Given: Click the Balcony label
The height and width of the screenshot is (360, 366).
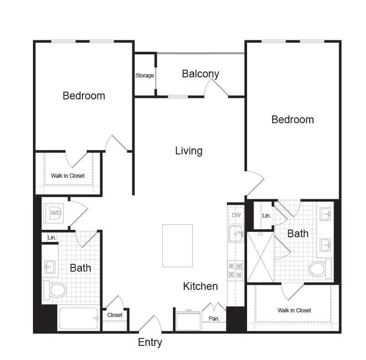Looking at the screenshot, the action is tap(200, 74).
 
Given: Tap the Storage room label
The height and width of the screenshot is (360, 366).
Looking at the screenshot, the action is tap(145, 76).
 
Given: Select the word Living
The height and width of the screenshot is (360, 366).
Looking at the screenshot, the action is tap(188, 151).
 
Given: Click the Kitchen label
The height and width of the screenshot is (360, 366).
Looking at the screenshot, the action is tap(200, 286).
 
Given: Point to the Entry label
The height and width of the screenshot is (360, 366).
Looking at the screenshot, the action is tap(150, 343).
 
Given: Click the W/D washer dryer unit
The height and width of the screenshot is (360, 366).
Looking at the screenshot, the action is tap(54, 213).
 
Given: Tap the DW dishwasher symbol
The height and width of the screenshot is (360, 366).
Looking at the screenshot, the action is tap(236, 215).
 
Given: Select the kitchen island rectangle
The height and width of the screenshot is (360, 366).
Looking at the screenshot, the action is tap(178, 245).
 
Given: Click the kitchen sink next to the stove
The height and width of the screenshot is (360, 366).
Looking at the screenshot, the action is tap(236, 234).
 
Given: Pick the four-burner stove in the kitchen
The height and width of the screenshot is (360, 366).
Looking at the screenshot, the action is tap(235, 271).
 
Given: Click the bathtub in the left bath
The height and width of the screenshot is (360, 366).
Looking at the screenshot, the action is tap(78, 318).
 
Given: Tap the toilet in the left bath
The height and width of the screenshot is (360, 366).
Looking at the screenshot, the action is tap(55, 290).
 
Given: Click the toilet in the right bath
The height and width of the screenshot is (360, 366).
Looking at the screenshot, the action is tap(320, 269).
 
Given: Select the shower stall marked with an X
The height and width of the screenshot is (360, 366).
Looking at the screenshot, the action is tap(260, 257).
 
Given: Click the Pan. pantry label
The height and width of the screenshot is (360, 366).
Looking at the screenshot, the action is tap(214, 319).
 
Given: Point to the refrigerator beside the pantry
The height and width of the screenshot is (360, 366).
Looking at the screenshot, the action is tap(188, 320).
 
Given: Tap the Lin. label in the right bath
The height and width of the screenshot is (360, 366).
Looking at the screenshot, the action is tap(266, 216).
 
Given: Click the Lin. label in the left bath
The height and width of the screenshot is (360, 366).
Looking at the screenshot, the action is tap(52, 238).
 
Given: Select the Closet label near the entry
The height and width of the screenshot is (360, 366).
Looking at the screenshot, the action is tap(115, 315).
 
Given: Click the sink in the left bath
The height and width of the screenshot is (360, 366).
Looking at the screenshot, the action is tap(50, 267).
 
